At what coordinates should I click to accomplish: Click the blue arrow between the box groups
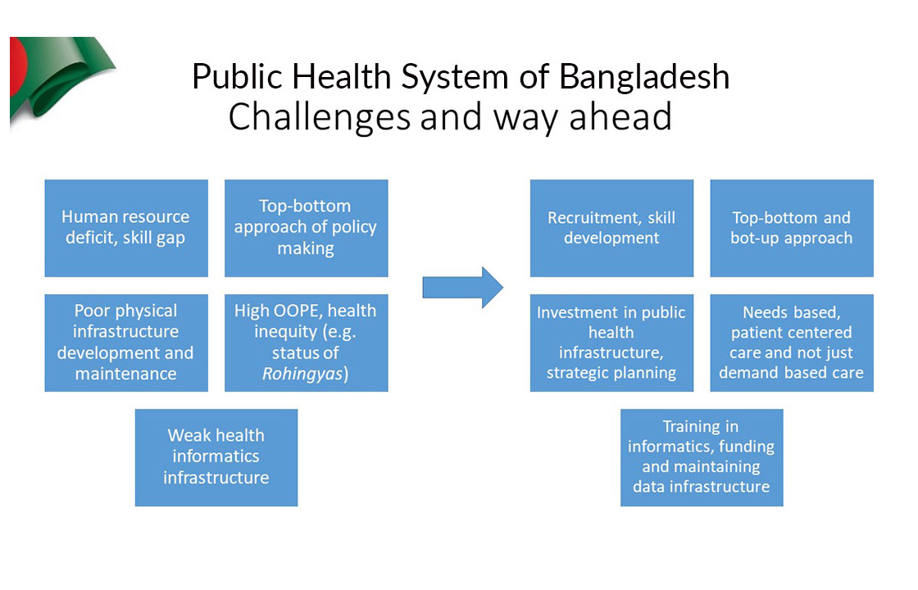point(463,288)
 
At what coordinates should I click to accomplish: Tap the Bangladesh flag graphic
point(58,79)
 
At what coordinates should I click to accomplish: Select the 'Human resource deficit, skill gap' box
point(126,228)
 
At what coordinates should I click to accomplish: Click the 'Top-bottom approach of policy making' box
point(307,228)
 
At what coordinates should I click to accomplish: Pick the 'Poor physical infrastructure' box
point(126,343)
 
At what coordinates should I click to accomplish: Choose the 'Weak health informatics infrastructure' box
point(216,457)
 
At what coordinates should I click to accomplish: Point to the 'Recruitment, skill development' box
point(611,228)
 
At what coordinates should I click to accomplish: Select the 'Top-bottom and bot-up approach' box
point(792,228)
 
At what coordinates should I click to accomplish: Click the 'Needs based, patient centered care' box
point(792,343)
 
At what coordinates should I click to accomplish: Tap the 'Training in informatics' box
point(702,457)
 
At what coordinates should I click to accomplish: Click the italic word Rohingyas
point(302,374)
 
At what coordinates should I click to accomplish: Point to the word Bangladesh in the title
point(644,77)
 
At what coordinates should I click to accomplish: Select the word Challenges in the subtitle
point(320,117)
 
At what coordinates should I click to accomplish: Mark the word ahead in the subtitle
point(620,116)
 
